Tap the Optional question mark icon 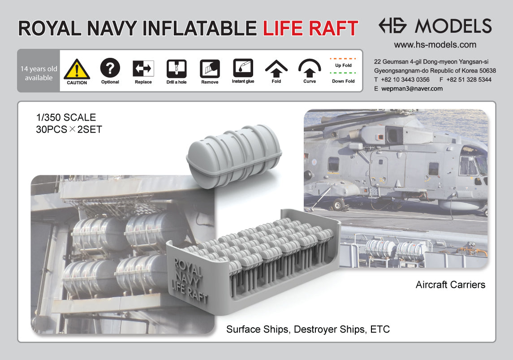(110, 68)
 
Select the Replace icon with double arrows (143, 69)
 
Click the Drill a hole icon (177, 69)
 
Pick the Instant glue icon (243, 68)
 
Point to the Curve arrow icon (310, 68)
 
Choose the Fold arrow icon (276, 68)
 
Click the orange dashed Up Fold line (343, 59)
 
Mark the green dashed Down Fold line (343, 73)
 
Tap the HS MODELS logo (435, 26)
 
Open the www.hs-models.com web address (435, 45)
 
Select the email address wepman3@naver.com (412, 89)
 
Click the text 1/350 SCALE (66, 118)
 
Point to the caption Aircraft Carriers (450, 285)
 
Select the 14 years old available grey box (39, 73)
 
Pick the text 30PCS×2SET (69, 130)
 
